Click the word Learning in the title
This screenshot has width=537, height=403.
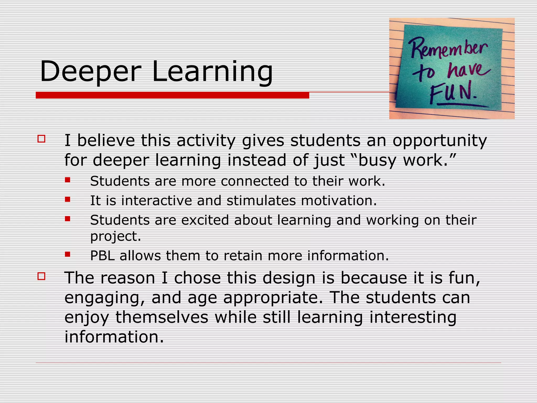pos(212,71)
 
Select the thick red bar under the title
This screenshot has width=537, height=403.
pos(172,95)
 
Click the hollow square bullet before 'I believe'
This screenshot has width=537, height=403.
pos(41,139)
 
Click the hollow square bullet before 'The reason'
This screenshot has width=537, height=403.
pos(41,276)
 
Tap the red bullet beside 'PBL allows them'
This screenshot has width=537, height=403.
pos(68,254)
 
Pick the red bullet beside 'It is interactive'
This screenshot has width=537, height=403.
pos(68,199)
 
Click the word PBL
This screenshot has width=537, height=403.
pos(103,256)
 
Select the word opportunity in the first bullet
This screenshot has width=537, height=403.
pos(440,141)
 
